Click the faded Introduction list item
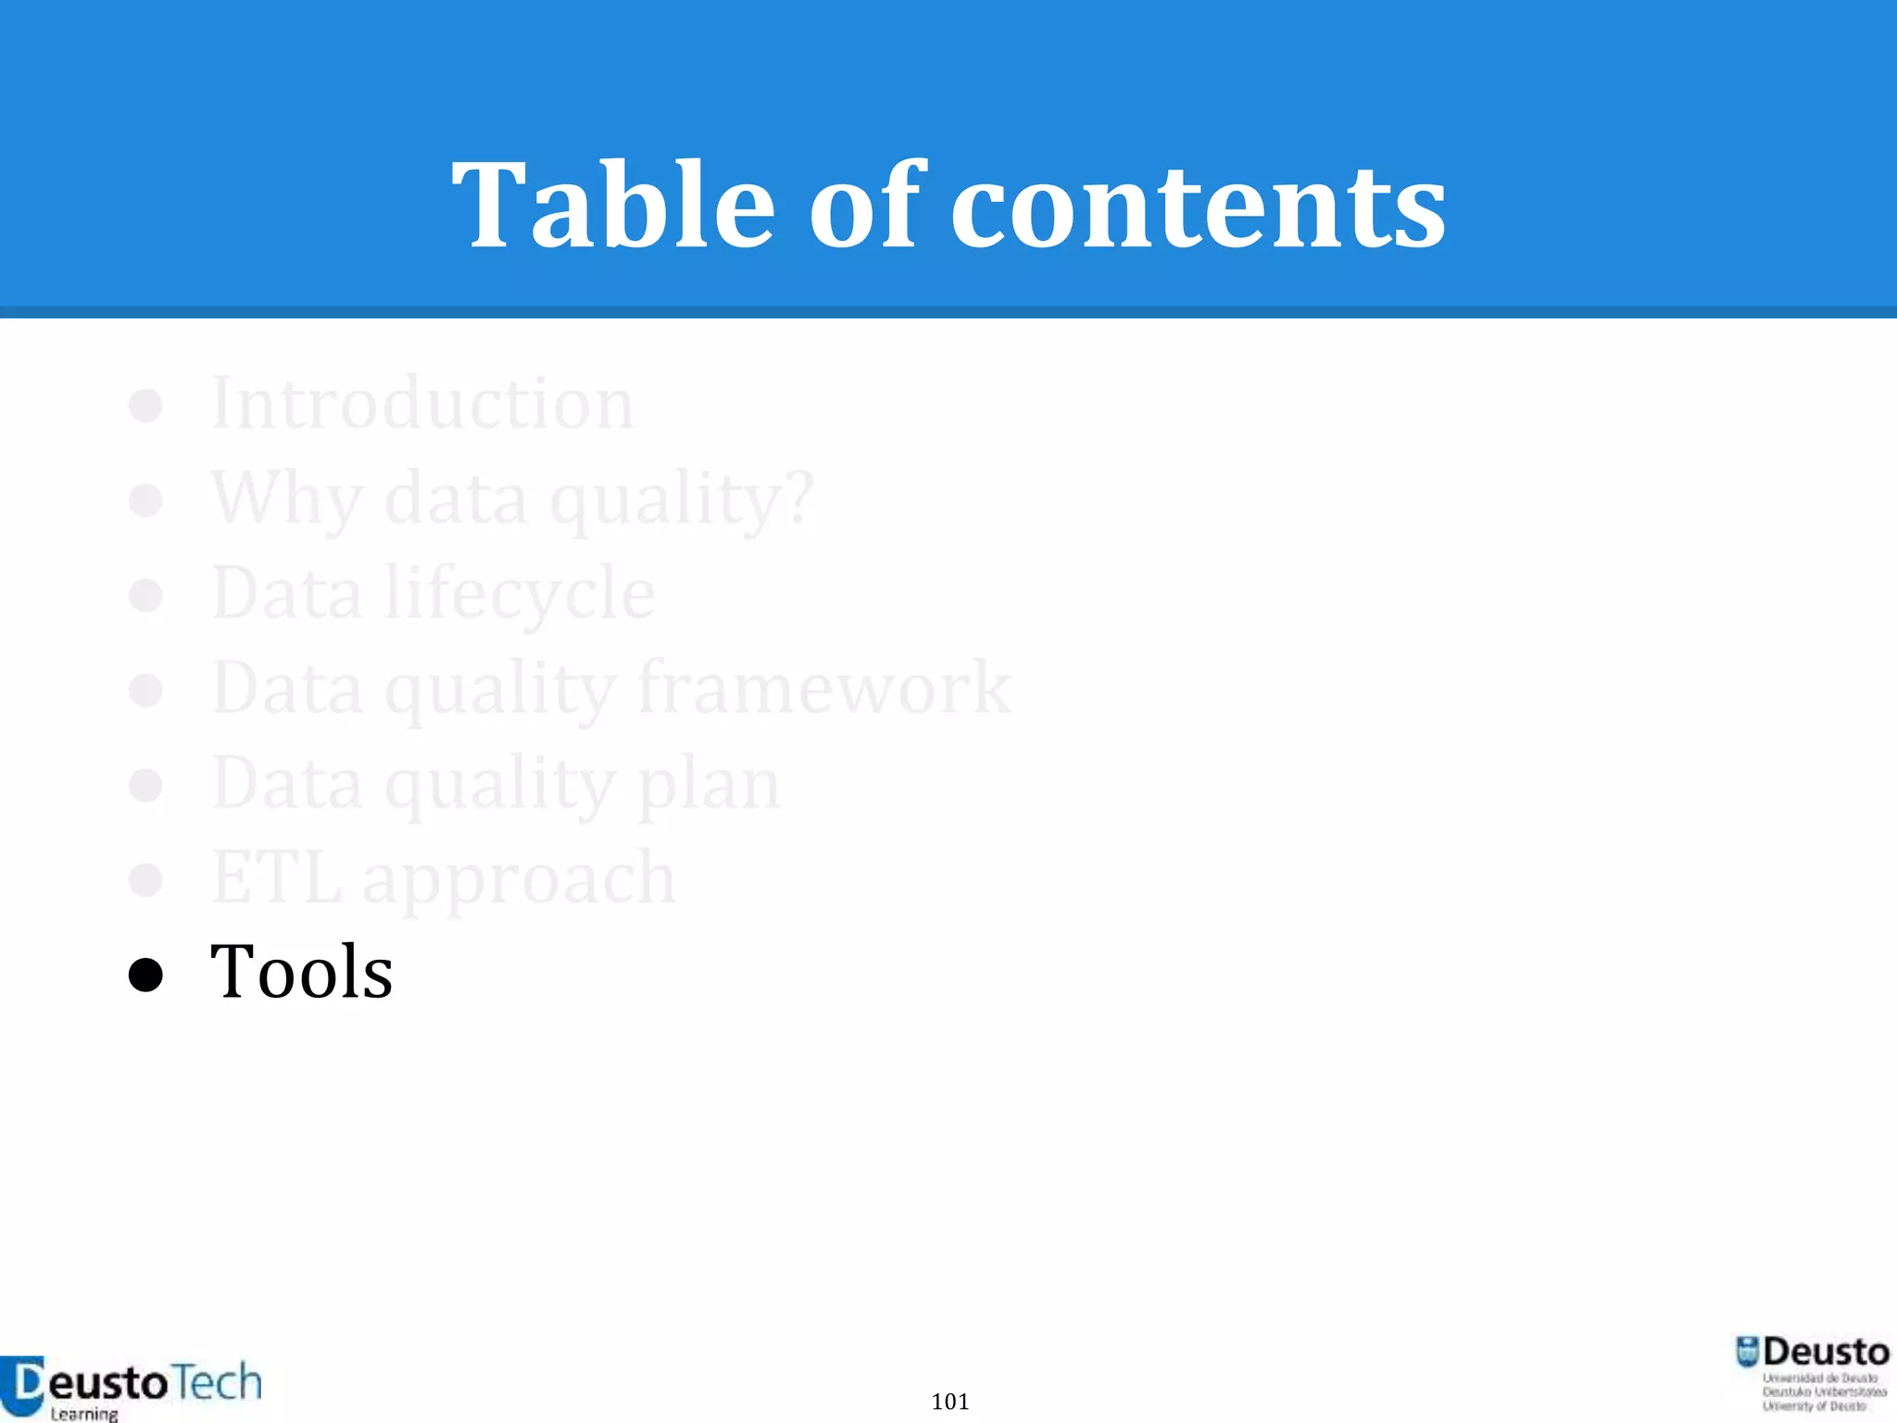pos(422,404)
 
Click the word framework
pos(824,687)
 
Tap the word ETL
pos(276,877)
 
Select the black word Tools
pos(301,972)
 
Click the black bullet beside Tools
pos(145,975)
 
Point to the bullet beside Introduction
pos(145,405)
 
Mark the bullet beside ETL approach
pos(145,879)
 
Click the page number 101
pos(949,1402)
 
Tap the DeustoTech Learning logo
pos(132,1387)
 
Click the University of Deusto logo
pos(1812,1374)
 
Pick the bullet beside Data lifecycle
pos(145,595)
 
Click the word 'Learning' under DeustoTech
pos(84,1414)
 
